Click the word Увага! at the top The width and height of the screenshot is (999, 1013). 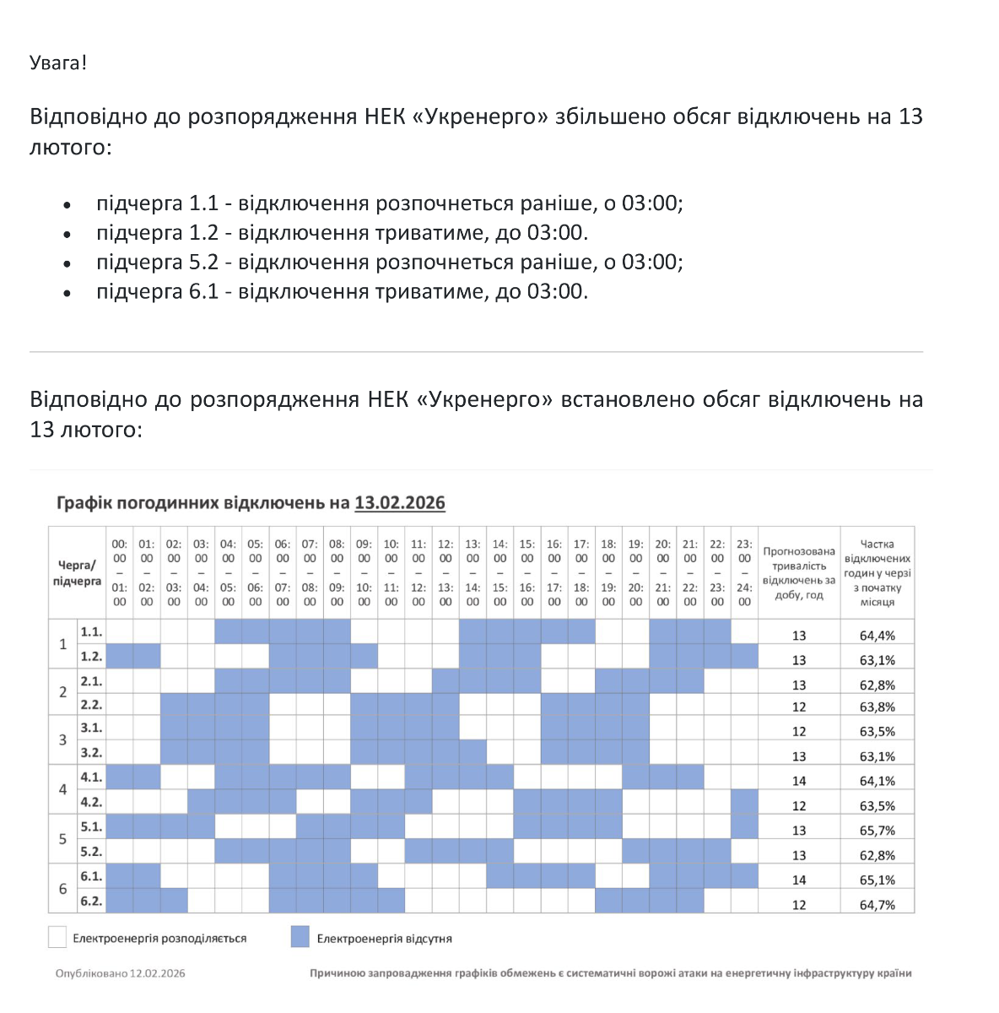58,62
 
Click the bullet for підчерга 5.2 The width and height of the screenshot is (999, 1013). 67,263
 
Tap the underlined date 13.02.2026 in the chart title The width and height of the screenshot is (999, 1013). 399,503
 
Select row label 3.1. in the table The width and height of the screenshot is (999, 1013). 91,728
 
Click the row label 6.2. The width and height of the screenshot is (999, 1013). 91,901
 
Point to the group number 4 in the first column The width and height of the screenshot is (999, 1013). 62,789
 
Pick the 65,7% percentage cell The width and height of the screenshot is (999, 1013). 877,831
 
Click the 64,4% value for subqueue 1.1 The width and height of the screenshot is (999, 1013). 877,635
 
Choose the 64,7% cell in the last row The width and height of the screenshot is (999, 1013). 877,905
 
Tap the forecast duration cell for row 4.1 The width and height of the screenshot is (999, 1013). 798,781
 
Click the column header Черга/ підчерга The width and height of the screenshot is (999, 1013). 77,573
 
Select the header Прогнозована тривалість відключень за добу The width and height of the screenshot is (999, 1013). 798,573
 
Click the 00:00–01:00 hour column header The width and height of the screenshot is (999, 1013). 120,573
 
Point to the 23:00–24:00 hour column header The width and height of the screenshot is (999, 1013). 744,573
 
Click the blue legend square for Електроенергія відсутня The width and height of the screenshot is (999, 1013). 300,937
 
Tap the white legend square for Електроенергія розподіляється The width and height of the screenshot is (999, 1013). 57,937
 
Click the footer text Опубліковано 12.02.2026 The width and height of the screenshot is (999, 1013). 121,973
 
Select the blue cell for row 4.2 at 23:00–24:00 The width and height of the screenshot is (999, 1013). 744,801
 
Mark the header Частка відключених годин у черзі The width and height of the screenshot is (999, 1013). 877,573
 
